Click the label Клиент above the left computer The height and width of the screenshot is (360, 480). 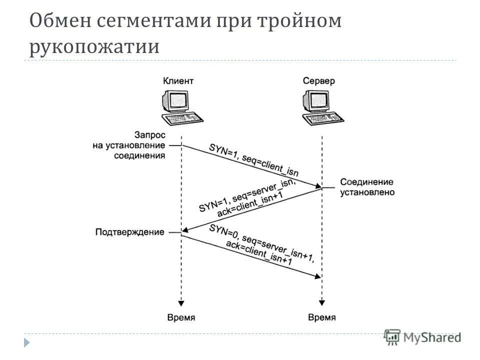coord(178,80)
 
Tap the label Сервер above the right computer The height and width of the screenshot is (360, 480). coord(319,80)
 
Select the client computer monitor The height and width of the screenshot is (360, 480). coord(175,100)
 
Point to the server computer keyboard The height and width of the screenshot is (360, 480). coord(324,119)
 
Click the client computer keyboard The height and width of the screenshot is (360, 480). coord(183,119)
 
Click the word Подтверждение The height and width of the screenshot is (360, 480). coord(129,232)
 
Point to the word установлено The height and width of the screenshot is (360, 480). coord(367,192)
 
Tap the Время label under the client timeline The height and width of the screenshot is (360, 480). coord(181,317)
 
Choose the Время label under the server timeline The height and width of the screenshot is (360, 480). coord(322,317)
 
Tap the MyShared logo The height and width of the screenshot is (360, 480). coord(423,337)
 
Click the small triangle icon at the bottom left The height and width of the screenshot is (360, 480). coord(27,342)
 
